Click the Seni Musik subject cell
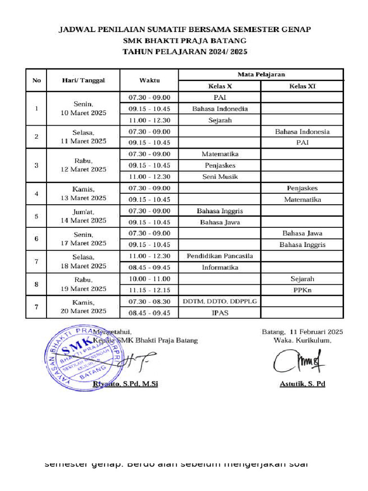(x=219, y=176)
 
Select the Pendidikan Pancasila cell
(x=219, y=256)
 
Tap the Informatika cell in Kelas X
(x=219, y=268)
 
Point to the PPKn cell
(x=302, y=290)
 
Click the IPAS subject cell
(x=219, y=313)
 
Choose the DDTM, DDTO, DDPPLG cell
(x=219, y=302)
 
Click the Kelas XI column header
(x=302, y=86)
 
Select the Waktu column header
(x=149, y=80)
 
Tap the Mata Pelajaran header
(x=261, y=74)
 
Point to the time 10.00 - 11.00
(x=149, y=279)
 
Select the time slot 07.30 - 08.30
(x=149, y=302)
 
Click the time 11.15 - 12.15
(x=149, y=290)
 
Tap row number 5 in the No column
(x=36, y=216)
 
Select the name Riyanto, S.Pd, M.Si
(x=125, y=384)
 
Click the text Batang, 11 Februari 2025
(x=302, y=331)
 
